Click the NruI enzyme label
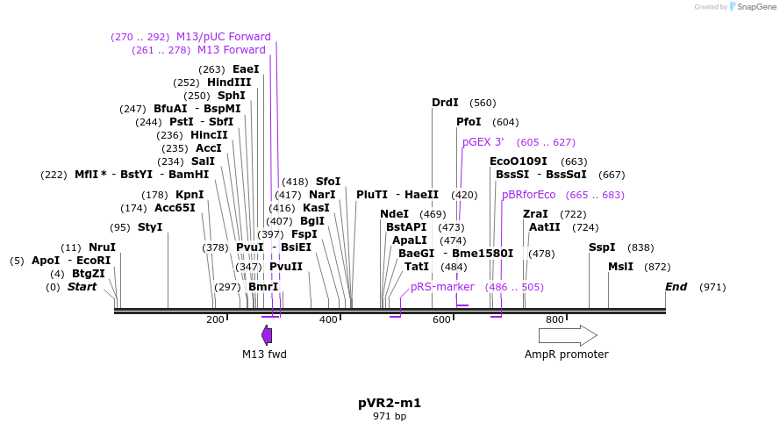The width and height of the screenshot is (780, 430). pyautogui.click(x=102, y=247)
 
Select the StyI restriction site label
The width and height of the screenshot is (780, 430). pyautogui.click(x=150, y=227)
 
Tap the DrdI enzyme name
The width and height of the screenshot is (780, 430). pyautogui.click(x=445, y=103)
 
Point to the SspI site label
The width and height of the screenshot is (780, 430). pyautogui.click(x=602, y=247)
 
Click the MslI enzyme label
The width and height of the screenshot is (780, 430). pyautogui.click(x=621, y=267)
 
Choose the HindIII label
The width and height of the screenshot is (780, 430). pyautogui.click(x=229, y=82)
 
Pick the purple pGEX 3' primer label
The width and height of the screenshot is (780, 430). pyautogui.click(x=483, y=142)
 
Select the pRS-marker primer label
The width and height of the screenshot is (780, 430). pyautogui.click(x=442, y=287)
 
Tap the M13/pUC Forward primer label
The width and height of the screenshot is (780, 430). pyautogui.click(x=224, y=37)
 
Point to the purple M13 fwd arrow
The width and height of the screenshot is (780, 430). pyautogui.click(x=267, y=335)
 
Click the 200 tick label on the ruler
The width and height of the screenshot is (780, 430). pyautogui.click(x=215, y=320)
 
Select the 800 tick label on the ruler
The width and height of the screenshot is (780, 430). pyautogui.click(x=555, y=320)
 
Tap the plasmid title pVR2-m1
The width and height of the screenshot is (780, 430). pyautogui.click(x=390, y=404)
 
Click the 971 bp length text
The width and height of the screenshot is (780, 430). pyautogui.click(x=390, y=417)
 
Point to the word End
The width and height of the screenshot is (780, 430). pyautogui.click(x=676, y=287)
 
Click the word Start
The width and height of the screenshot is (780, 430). pyautogui.click(x=82, y=287)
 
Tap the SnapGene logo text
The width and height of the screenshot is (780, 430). pyautogui.click(x=756, y=7)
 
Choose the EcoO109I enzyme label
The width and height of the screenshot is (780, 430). pyautogui.click(x=518, y=161)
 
